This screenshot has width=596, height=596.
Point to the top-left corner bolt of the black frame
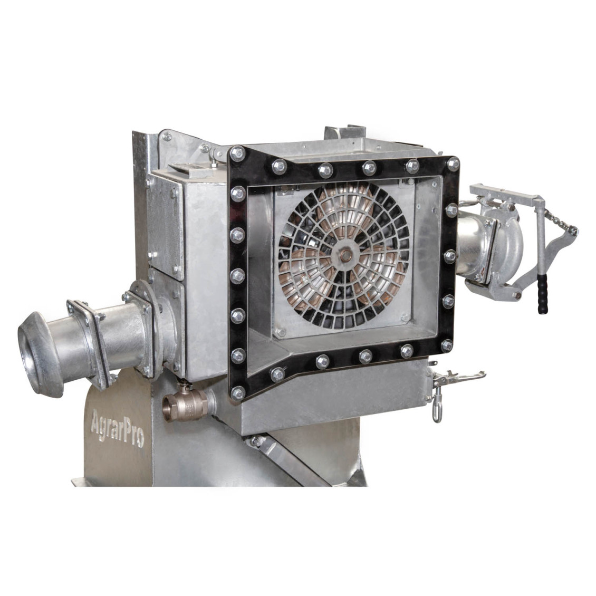(238, 154)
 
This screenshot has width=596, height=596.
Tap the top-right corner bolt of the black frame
(453, 164)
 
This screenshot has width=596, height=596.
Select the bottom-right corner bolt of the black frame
(447, 345)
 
